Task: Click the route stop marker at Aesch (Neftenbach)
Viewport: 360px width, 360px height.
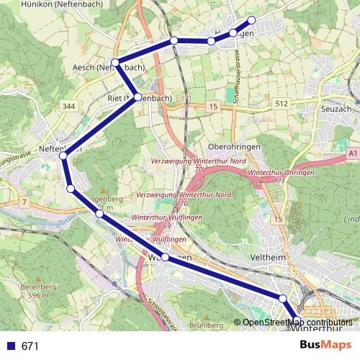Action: [115, 61]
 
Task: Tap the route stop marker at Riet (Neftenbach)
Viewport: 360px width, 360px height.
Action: [138, 96]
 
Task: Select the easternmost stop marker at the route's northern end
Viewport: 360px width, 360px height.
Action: [252, 20]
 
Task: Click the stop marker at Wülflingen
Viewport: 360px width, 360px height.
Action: [165, 257]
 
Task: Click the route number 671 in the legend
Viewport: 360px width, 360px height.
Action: [30, 346]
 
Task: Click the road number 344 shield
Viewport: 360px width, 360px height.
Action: [68, 107]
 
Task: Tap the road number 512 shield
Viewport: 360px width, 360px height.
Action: [282, 104]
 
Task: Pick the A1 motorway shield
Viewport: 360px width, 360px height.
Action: [352, 153]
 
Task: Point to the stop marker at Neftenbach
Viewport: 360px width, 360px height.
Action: [63, 155]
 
